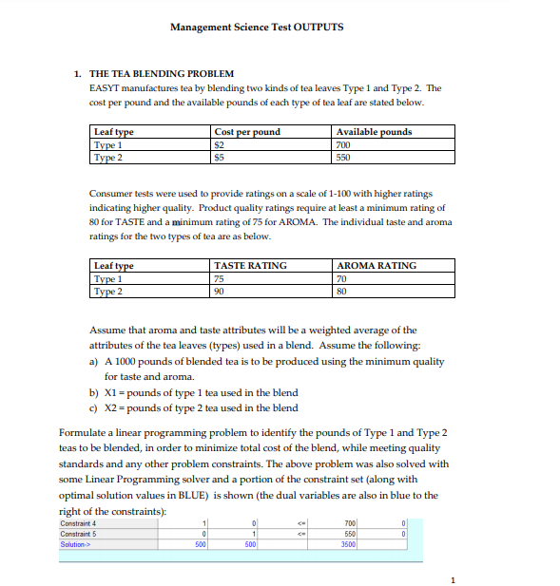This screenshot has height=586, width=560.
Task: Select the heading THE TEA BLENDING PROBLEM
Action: [161, 73]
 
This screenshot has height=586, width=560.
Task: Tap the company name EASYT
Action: [90, 87]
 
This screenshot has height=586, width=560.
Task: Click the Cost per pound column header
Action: [247, 131]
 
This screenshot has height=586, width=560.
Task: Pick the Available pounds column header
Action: [374, 131]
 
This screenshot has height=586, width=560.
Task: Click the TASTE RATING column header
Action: [251, 265]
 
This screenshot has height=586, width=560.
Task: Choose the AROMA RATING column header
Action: [377, 265]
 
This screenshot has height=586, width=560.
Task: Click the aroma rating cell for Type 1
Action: [343, 278]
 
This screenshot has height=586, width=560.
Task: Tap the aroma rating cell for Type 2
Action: [343, 291]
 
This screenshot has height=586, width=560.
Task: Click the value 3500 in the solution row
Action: [349, 545]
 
